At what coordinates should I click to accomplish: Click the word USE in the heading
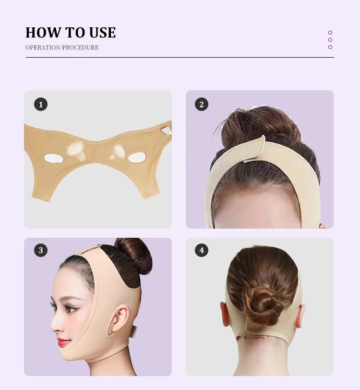click(102, 33)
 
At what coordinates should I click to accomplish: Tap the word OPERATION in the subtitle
click(43, 48)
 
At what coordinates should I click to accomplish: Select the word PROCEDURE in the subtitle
click(81, 48)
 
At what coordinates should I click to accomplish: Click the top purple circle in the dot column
click(330, 33)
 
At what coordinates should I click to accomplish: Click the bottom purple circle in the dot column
click(330, 47)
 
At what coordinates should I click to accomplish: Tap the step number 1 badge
click(41, 104)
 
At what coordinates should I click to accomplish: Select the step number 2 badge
click(202, 104)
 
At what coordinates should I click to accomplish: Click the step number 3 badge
click(41, 250)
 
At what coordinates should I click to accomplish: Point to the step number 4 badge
click(202, 250)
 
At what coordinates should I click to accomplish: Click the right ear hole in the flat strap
click(137, 157)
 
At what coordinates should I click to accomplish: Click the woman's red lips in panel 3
click(63, 342)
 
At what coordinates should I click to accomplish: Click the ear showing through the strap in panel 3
click(119, 320)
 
